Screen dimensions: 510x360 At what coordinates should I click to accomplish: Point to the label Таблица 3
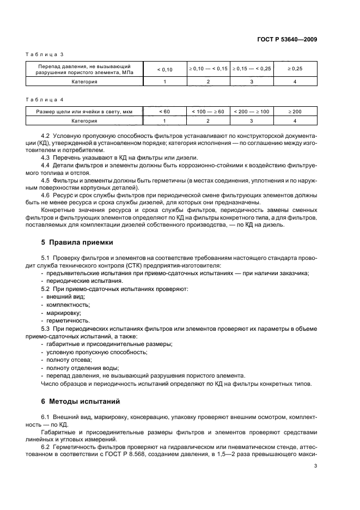[x=46, y=54]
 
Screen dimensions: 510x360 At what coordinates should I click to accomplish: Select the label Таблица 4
[x=46, y=100]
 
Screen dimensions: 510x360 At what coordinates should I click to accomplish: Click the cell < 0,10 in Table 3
[x=164, y=69]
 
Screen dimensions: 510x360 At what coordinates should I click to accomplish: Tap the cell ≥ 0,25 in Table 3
[x=295, y=69]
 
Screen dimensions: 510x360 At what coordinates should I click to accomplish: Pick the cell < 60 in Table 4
[x=164, y=112]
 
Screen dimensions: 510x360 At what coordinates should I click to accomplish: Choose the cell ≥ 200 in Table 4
[x=295, y=112]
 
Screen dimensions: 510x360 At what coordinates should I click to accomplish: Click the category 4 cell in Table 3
[x=295, y=82]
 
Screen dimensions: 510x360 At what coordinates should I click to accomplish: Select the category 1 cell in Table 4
[x=164, y=121]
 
